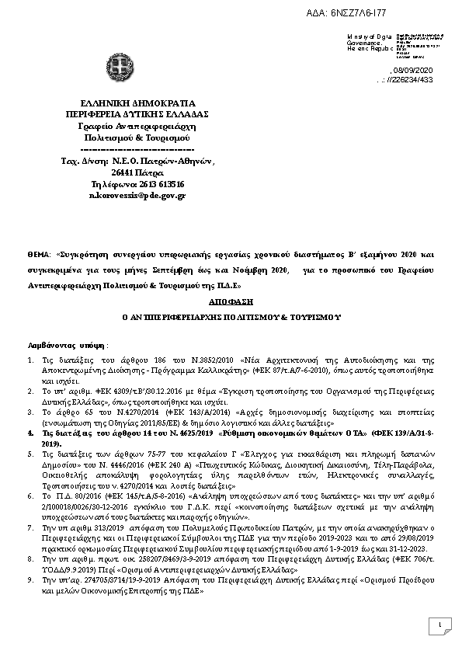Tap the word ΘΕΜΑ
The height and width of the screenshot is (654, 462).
point(38,253)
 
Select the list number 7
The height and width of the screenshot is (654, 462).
point(30,526)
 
